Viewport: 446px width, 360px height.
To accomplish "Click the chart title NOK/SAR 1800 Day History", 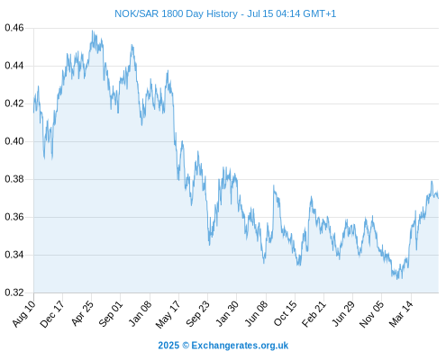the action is coord(176,13).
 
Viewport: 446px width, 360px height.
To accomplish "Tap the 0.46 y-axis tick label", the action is coord(14,28).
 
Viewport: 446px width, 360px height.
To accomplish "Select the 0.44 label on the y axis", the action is coord(14,66).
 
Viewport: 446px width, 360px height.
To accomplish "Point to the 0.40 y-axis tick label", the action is coord(14,141).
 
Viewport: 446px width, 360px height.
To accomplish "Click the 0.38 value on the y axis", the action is coord(14,179).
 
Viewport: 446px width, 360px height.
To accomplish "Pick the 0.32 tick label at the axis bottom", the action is coord(14,292).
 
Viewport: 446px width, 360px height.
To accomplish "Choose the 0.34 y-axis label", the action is coord(14,255).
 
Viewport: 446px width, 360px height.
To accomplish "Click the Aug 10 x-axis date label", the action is coord(24,313).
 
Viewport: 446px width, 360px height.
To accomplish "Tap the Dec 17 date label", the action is coord(52,313).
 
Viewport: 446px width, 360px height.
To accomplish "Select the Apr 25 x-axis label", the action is coord(83,313).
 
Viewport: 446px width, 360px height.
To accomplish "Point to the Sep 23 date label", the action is coord(197,313).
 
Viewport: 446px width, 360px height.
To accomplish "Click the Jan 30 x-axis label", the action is coord(227,313).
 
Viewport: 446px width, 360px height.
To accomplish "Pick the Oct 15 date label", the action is coord(286,313).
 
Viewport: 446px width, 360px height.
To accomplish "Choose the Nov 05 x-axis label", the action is coord(371,314).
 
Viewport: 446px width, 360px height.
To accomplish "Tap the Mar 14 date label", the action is coord(401,313).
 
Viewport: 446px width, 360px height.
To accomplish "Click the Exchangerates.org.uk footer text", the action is coord(240,346).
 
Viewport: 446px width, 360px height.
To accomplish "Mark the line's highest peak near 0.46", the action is coord(93,31).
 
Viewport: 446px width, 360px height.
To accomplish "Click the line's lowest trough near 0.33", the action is coord(397,279).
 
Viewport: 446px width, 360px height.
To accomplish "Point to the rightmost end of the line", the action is coord(438,198).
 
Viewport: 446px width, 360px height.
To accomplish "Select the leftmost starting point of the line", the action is coord(33,112).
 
